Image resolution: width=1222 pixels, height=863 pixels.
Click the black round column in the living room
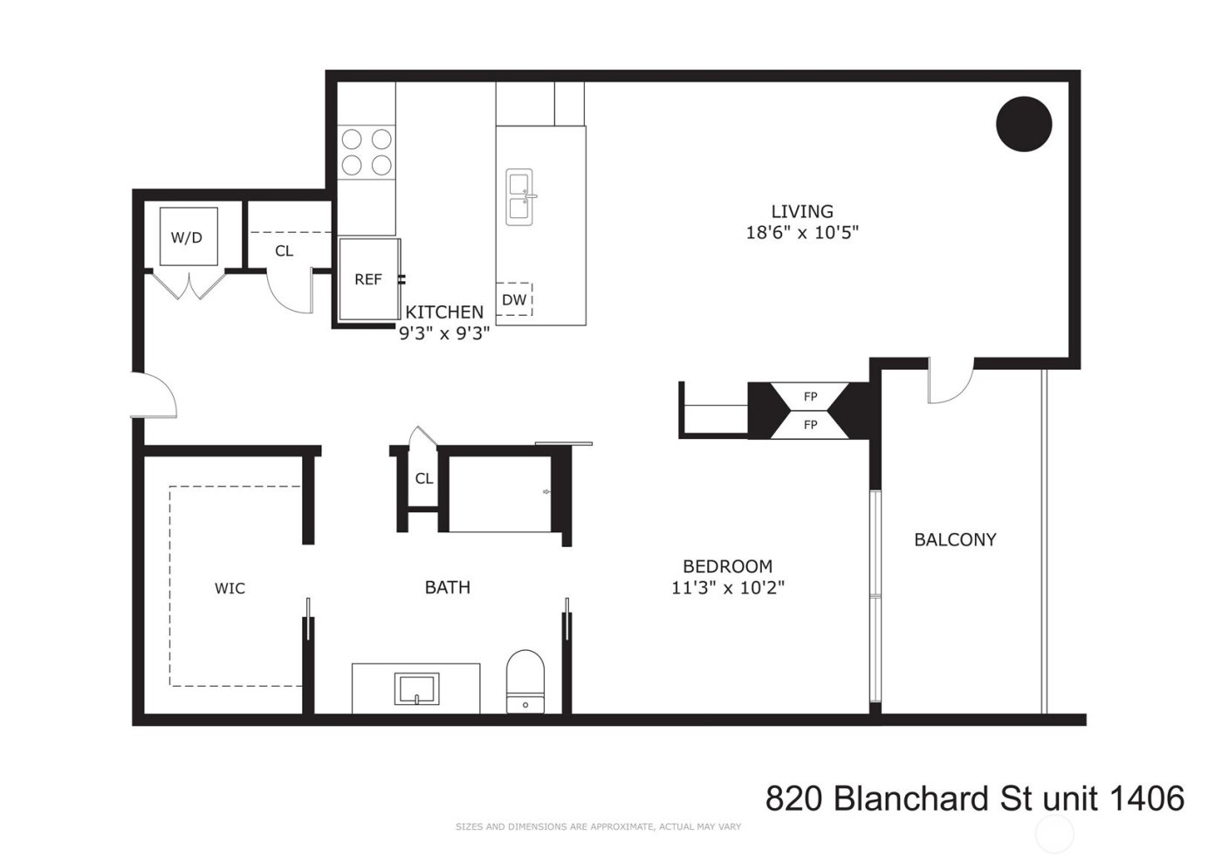1024,123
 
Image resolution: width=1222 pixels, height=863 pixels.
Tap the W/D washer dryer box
187,236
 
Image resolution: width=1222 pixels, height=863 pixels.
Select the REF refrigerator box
368,279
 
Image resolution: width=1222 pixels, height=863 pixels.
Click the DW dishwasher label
514,299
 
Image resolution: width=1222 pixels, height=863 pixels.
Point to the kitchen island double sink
521,196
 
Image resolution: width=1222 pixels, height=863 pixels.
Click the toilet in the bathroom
525,681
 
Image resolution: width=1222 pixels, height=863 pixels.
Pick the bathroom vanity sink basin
417,688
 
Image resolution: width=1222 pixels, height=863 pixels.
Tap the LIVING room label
802,211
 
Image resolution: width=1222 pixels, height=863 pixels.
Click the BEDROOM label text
727,565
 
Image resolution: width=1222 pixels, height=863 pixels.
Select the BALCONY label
955,539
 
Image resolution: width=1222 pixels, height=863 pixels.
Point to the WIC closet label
230,588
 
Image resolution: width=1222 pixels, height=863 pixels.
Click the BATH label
447,587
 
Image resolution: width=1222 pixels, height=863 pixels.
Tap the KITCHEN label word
444,312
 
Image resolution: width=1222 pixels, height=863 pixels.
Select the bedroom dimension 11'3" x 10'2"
727,587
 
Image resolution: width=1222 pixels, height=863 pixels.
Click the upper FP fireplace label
810,397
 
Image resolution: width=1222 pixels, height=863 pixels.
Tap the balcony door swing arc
951,387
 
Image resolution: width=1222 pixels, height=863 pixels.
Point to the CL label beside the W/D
284,250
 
